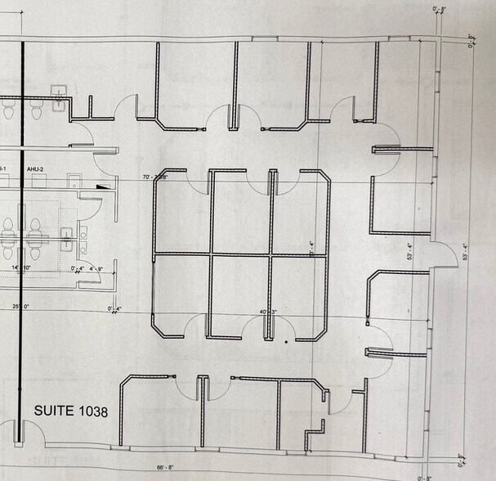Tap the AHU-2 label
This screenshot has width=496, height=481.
point(35,169)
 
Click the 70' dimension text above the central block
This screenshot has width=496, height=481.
point(155,177)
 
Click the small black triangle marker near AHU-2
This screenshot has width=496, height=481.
point(102,187)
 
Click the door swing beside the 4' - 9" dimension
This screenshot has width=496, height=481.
point(92,276)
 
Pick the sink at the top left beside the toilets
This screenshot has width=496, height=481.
point(60,97)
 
